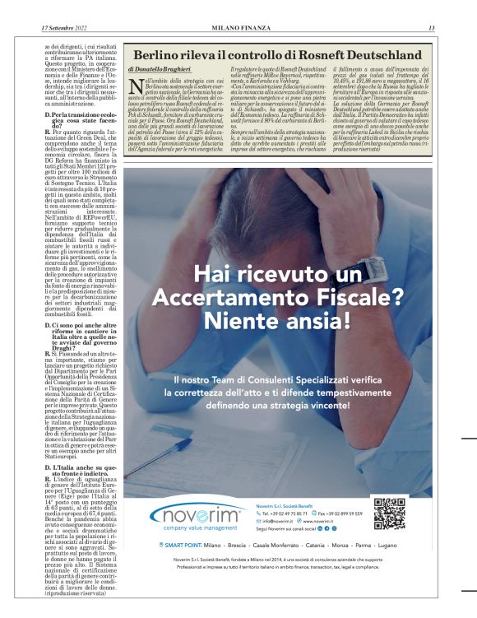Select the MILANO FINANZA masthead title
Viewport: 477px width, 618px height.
coord(237,28)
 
